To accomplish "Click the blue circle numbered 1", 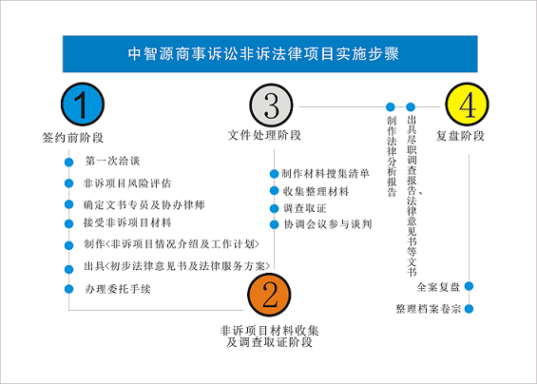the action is [x=83, y=105].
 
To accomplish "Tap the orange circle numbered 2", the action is [x=269, y=295].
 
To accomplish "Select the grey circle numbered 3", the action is [x=272, y=106].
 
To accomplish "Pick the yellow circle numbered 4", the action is [x=467, y=105].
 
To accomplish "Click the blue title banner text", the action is [x=263, y=54].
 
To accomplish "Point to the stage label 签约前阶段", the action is [x=72, y=138].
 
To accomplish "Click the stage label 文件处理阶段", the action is [x=264, y=135].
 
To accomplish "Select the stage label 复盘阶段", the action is [x=460, y=136].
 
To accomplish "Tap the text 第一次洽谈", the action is [x=112, y=161].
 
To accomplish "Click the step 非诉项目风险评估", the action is [x=127, y=183].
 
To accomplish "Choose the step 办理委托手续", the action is [x=118, y=289].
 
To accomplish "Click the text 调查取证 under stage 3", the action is [x=304, y=208].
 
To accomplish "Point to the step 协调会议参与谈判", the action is [x=328, y=224].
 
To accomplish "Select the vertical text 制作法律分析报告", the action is [x=392, y=156].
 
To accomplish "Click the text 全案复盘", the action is [x=438, y=287].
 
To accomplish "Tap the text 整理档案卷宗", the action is [x=428, y=309].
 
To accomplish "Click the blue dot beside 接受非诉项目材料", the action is [x=68, y=223].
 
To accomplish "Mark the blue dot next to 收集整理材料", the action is [x=274, y=190].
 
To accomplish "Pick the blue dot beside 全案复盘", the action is [x=469, y=286].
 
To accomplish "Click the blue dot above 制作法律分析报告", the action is [x=390, y=106].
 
